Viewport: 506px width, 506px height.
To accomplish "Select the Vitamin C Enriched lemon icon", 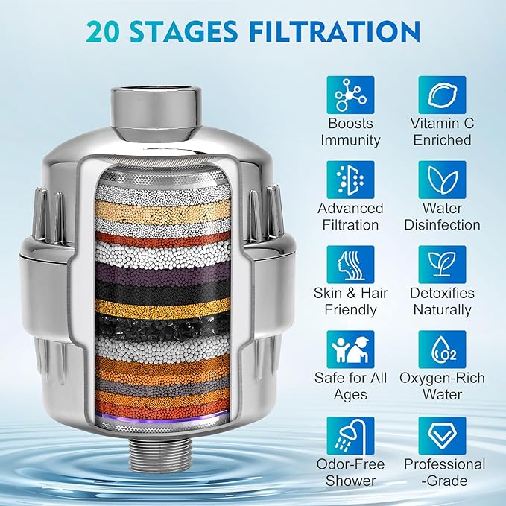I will click(442, 95).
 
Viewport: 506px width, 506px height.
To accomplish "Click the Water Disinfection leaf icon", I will click(442, 180).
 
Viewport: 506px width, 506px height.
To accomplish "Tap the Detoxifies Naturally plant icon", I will click(442, 265).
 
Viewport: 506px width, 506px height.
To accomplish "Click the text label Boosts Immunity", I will click(350, 132).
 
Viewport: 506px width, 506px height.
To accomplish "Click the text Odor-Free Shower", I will click(350, 472).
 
